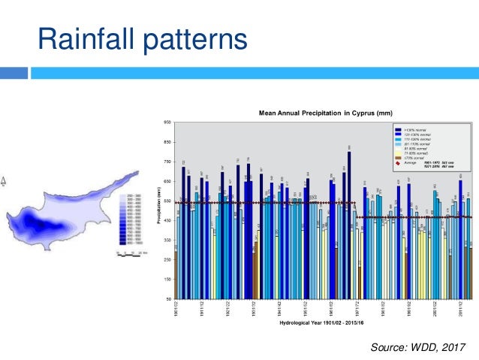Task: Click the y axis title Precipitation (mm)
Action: coord(159,211)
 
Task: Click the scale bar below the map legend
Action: coord(128,252)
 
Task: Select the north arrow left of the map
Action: coord(4,180)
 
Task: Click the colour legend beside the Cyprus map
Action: coord(129,219)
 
